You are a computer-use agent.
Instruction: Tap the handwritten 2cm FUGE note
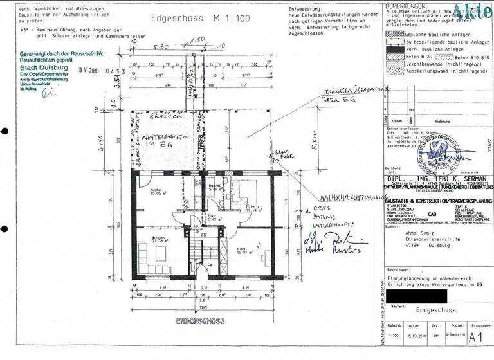(281, 152)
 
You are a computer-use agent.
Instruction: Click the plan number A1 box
(475, 335)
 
